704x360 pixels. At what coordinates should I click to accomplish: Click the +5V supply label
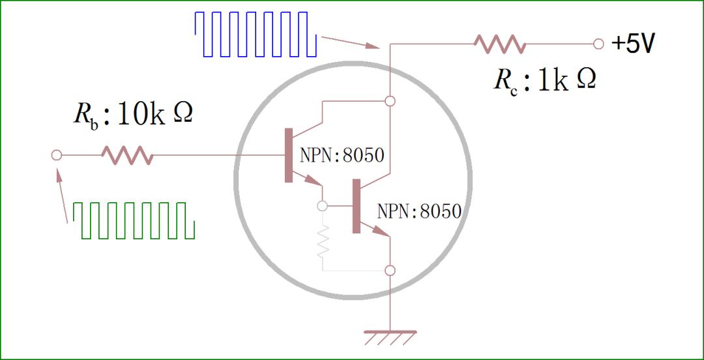click(633, 44)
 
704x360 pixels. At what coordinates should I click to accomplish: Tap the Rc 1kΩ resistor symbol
click(500, 44)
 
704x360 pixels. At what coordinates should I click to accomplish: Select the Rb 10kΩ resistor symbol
click(127, 155)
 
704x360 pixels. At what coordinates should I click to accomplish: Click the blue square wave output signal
click(256, 34)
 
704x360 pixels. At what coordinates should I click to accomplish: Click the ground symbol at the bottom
click(390, 338)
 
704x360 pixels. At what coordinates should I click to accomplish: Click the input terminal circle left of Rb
click(56, 155)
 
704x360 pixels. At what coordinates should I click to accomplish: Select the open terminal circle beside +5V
click(599, 44)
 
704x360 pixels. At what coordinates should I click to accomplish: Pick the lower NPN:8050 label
click(419, 211)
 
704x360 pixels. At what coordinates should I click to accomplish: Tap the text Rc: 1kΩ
click(544, 80)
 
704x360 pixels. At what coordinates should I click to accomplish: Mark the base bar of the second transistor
click(356, 205)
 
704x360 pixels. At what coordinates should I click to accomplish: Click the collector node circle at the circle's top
click(390, 100)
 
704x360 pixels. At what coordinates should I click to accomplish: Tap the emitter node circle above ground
click(390, 270)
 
